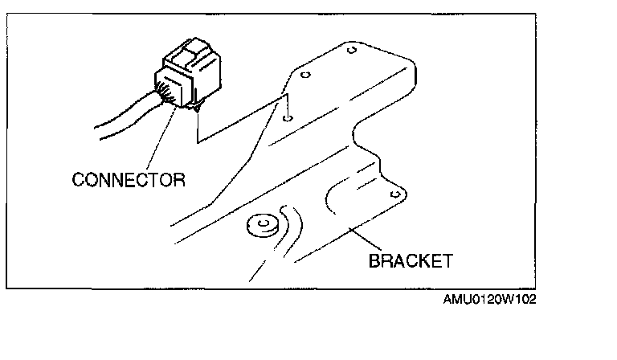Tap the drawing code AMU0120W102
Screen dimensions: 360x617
click(489, 299)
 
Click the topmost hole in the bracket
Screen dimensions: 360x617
click(351, 51)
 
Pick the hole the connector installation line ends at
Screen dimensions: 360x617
click(288, 117)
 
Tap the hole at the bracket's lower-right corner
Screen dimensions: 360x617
click(394, 194)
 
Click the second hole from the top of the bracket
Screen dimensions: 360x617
click(304, 77)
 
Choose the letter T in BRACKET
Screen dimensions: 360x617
click(447, 260)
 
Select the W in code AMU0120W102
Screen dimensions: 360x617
click(505, 299)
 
